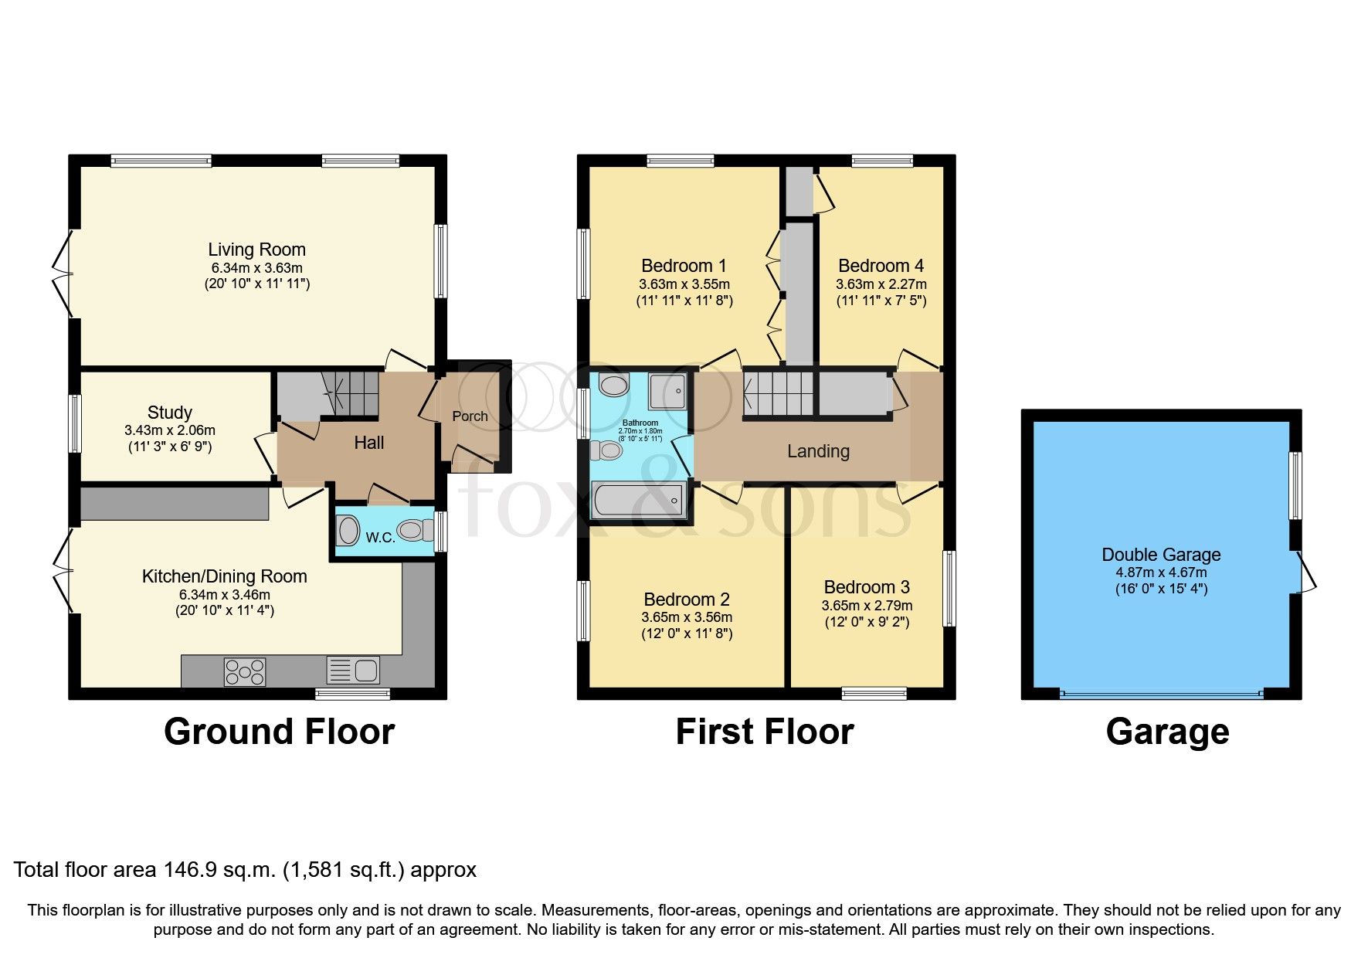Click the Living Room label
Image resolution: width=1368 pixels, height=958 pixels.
click(256, 250)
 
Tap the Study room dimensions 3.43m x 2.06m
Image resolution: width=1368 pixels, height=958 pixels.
click(169, 430)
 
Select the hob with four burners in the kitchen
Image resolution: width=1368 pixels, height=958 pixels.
click(244, 671)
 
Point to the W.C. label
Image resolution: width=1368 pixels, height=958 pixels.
click(380, 537)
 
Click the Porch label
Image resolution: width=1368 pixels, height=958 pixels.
click(470, 416)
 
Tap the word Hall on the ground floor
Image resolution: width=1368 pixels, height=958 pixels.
click(369, 443)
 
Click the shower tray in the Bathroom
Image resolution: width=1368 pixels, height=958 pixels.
click(667, 391)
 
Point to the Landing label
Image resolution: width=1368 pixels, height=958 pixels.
click(818, 451)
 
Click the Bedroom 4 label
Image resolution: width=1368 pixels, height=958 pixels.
click(881, 266)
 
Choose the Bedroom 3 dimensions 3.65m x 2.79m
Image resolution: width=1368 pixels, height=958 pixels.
click(867, 606)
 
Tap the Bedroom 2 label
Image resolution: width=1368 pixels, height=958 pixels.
click(687, 600)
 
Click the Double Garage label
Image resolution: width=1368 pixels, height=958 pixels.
click(1161, 555)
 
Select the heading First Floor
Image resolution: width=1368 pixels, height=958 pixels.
click(764, 732)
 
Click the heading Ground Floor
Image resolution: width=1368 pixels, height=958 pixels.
click(279, 732)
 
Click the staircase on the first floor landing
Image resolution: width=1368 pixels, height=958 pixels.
click(778, 394)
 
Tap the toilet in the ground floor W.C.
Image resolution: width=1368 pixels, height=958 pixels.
click(416, 531)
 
